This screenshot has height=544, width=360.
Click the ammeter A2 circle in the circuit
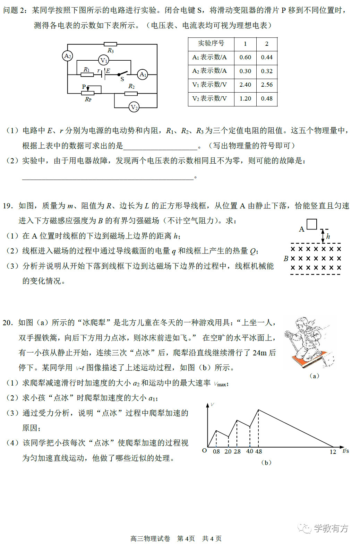pyautogui.click(x=68, y=56)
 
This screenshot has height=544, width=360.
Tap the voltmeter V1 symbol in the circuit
pyautogui.click(x=103, y=60)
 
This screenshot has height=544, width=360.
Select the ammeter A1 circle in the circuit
pyautogui.click(x=143, y=74)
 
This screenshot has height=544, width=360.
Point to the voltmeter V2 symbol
pyautogui.click(x=134, y=107)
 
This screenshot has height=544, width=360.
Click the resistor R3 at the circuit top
pyautogui.click(x=110, y=44)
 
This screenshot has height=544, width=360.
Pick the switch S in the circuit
pyautogui.click(x=122, y=74)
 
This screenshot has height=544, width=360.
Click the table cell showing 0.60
pyautogui.click(x=245, y=57)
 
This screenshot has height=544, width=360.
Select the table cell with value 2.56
pyautogui.click(x=267, y=85)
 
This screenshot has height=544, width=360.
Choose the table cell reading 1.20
pyautogui.click(x=245, y=98)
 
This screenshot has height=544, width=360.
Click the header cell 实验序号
pyautogui.click(x=211, y=43)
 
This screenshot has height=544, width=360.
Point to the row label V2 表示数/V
pyautogui.click(x=209, y=98)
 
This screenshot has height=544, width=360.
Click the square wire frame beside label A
pyautogui.click(x=312, y=224)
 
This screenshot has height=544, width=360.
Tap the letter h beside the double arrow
pyautogui.click(x=328, y=236)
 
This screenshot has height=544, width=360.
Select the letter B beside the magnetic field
pyautogui.click(x=286, y=258)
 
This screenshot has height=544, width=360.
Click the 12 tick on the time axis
pyautogui.click(x=333, y=451)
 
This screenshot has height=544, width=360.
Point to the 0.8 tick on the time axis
pyautogui.click(x=216, y=451)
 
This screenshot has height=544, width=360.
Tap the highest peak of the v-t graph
pyautogui.click(x=258, y=410)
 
